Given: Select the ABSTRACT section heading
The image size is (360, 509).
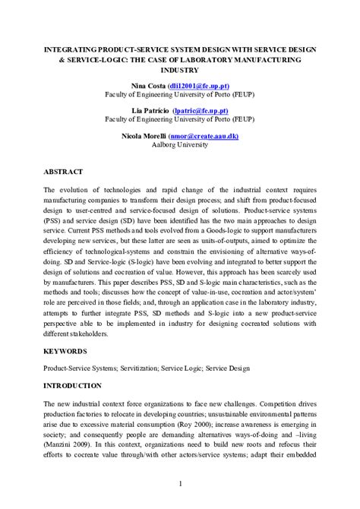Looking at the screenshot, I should [x=64, y=172].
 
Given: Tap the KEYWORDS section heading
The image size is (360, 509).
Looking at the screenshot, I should [x=65, y=351].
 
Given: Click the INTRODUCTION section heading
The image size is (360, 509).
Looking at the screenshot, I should [x=74, y=385].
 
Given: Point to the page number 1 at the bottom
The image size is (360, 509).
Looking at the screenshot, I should [x=180, y=483].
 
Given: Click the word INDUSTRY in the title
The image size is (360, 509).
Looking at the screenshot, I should [x=180, y=69].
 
